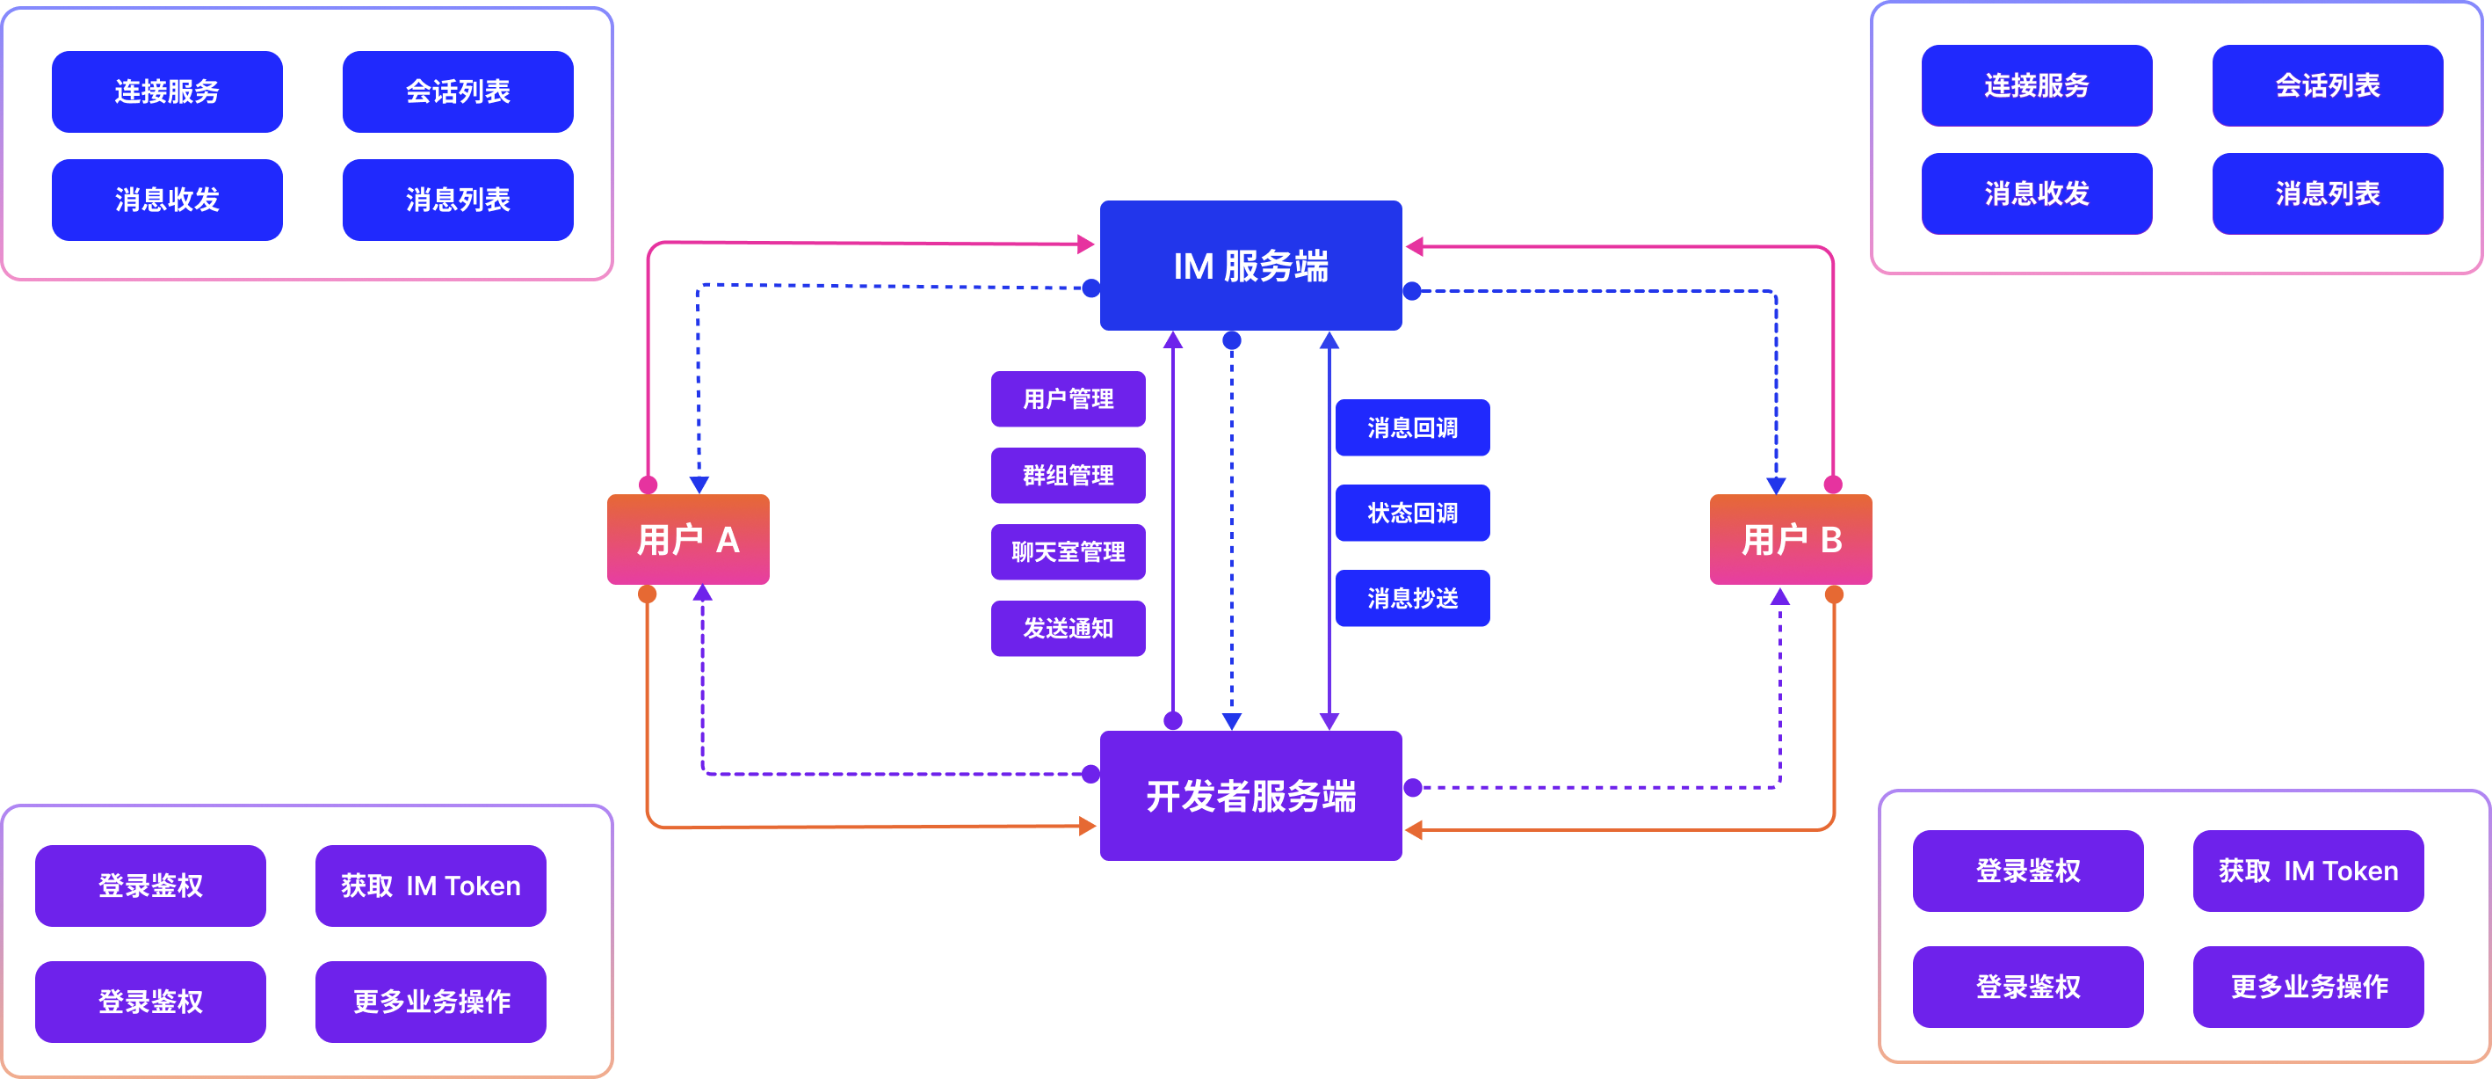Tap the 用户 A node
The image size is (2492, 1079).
pos(688,539)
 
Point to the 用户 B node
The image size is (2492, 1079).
pos(1791,539)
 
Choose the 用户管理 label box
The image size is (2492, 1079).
pos(1068,398)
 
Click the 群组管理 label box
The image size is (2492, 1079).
pos(1068,475)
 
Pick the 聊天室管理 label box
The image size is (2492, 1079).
pos(1068,551)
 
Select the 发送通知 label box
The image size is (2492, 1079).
pos(1068,628)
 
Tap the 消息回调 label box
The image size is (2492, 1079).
pos(1412,426)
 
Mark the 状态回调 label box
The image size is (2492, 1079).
pos(1412,513)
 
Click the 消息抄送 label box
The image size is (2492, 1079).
pos(1412,598)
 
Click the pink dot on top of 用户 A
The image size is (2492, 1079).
pos(648,485)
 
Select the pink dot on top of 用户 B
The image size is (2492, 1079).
pos(1833,485)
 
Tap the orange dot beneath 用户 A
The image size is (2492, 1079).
pos(648,594)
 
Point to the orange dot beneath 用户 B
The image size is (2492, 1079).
pos(1834,594)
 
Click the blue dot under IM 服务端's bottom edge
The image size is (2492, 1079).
pos(1231,340)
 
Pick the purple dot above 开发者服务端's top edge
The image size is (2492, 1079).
pos(1173,720)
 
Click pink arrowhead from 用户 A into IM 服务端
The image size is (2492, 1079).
pos(1086,244)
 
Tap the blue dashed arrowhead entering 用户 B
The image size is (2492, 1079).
pos(1776,485)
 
